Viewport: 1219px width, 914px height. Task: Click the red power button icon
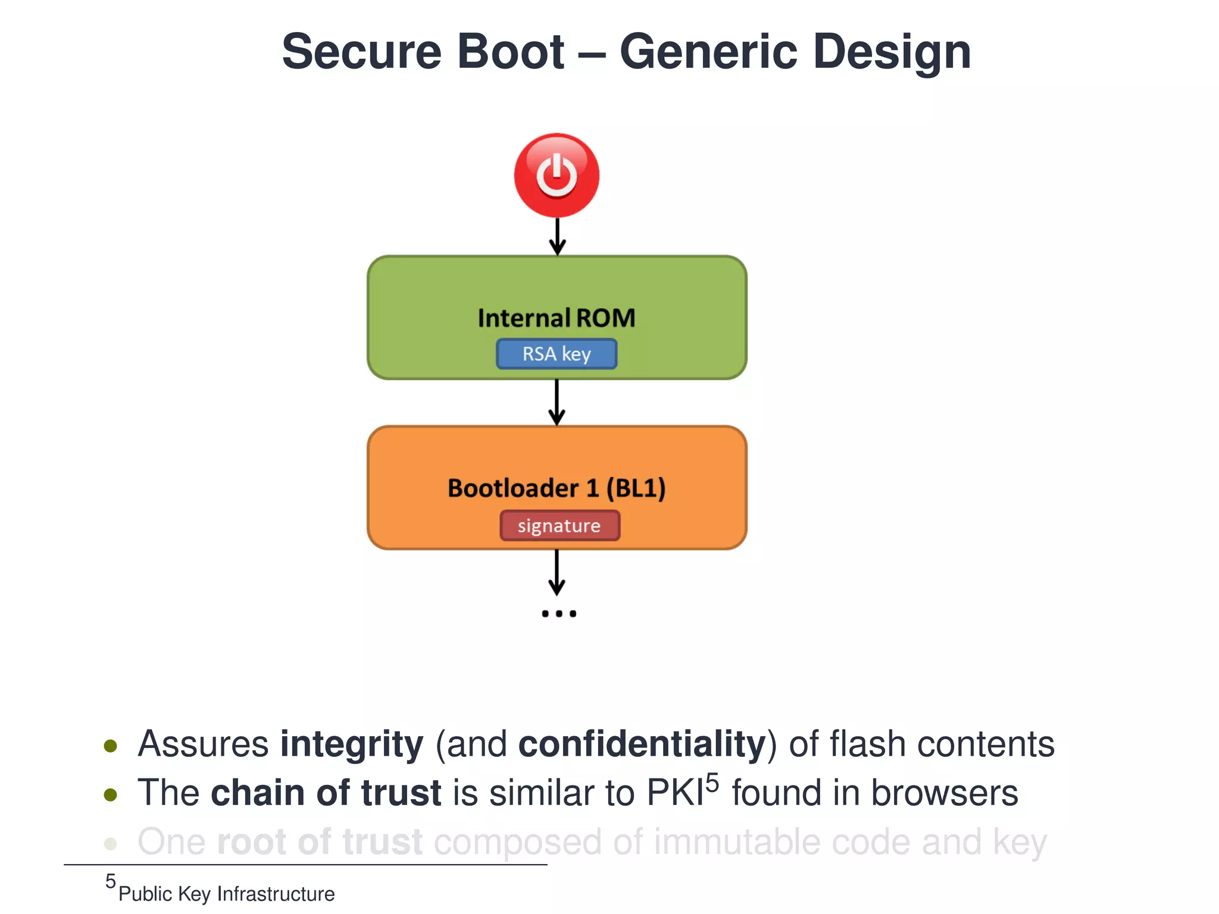coord(557,175)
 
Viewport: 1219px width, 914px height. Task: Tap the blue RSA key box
coord(557,354)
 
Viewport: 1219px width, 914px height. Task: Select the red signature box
coord(560,525)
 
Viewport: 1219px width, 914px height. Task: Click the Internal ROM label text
coord(557,318)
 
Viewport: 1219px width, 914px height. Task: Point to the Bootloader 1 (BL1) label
coord(557,488)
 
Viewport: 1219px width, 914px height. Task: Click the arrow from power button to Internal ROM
coord(557,237)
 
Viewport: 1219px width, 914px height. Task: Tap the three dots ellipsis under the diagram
coord(558,613)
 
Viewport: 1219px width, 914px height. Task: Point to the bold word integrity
coord(352,744)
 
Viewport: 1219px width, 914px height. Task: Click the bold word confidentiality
coord(642,744)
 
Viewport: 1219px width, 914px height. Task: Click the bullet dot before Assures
coord(110,746)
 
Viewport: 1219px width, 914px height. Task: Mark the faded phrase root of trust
coord(320,842)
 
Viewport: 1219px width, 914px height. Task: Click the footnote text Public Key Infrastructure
coord(226,894)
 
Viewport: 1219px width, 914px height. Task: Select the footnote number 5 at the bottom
coord(111,881)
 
